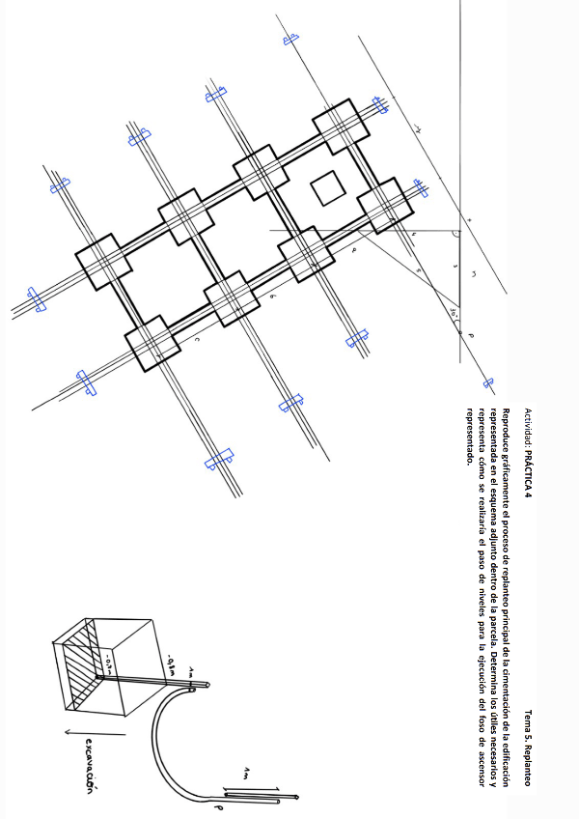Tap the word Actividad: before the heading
[528, 426]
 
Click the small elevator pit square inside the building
[326, 187]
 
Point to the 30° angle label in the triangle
[453, 311]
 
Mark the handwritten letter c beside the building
[197, 339]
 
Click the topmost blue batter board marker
[289, 38]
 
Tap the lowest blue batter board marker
[218, 458]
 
